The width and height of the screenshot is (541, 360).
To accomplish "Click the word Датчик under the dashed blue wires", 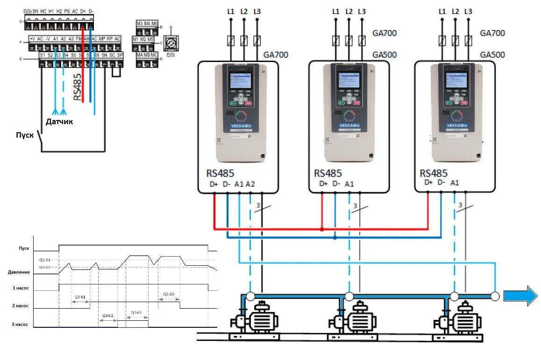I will tap(59, 121).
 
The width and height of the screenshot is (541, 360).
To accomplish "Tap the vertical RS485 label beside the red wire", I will tap(78, 86).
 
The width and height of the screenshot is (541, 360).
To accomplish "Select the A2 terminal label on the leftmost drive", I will tap(250, 184).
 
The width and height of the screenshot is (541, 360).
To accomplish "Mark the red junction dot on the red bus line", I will tap(322, 229).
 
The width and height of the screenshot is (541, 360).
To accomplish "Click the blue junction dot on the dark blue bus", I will tap(335, 238).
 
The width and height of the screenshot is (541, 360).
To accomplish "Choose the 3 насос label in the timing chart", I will tap(20, 323).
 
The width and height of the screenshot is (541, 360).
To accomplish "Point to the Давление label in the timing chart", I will tap(19, 272).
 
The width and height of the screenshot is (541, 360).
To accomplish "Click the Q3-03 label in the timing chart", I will tap(169, 294).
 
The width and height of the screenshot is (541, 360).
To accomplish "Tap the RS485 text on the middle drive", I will tap(327, 173).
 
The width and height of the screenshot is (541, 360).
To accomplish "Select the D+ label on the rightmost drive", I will tap(428, 183).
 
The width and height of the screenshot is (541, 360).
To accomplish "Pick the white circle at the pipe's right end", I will tap(495, 296).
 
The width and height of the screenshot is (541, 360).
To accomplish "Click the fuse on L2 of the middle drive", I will tap(349, 41).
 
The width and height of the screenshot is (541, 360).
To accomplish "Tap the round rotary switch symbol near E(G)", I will tap(171, 42).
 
